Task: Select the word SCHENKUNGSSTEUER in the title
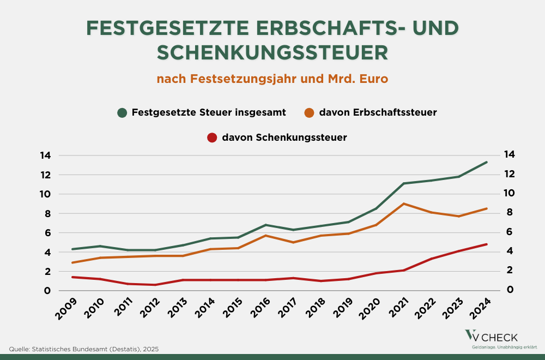pos(272,52)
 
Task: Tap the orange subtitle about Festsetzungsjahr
pos(272,79)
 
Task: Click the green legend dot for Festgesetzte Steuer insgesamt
pos(123,113)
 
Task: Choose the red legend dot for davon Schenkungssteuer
pos(213,137)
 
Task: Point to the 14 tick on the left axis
pos(45,155)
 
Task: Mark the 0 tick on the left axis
pos(48,291)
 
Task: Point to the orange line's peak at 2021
pos(403,203)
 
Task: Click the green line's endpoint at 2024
pos(486,162)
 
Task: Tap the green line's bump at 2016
pos(265,225)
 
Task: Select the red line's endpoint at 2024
pos(486,244)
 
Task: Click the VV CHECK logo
pos(491,338)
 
